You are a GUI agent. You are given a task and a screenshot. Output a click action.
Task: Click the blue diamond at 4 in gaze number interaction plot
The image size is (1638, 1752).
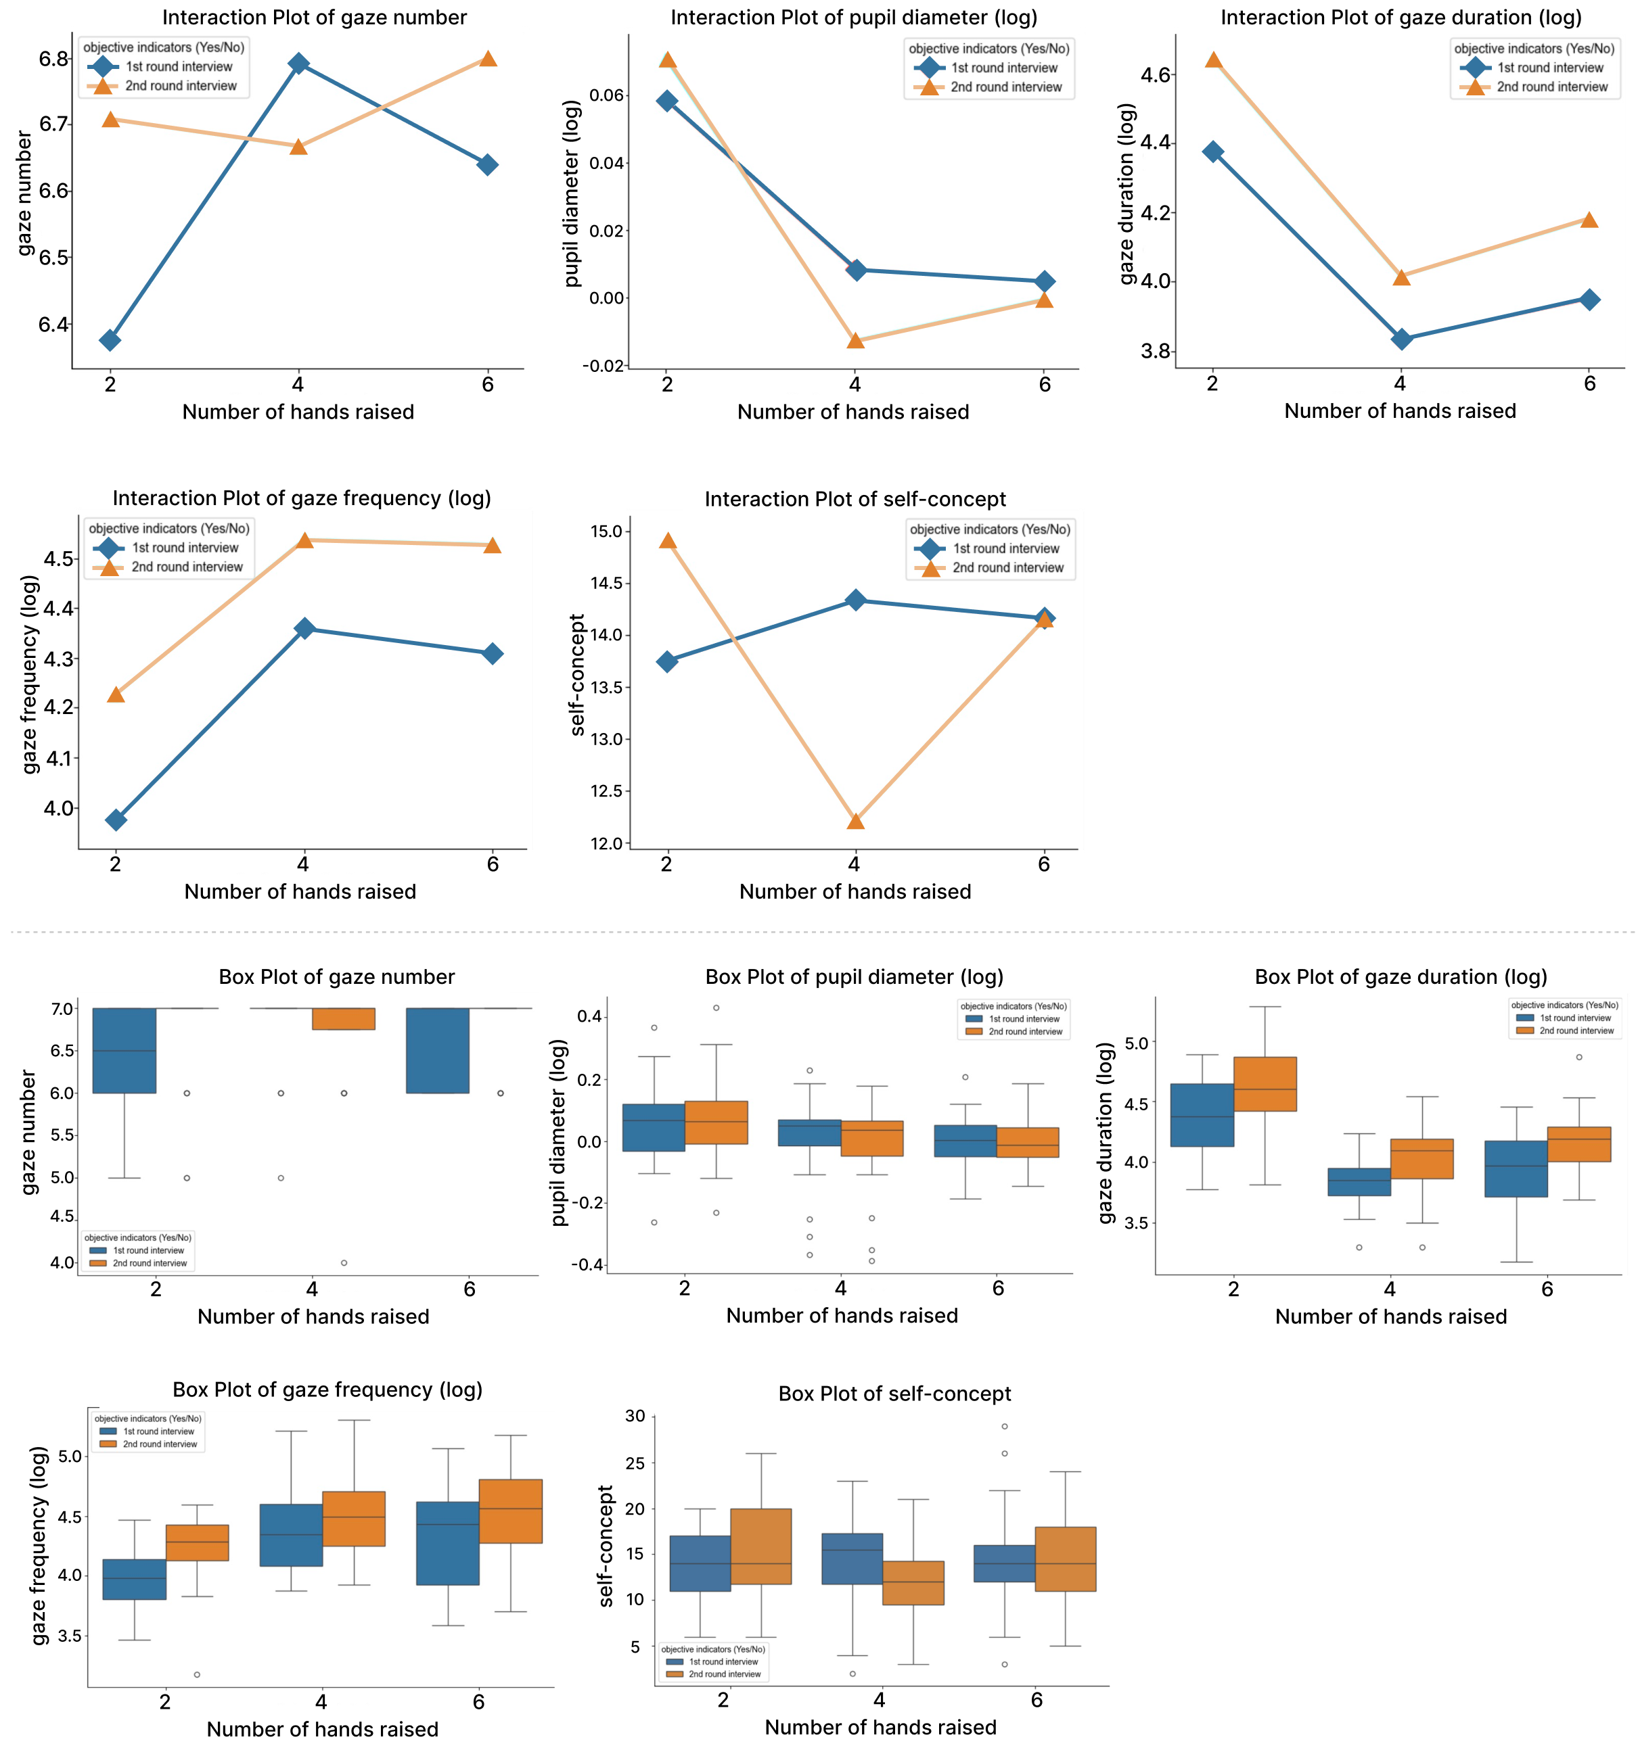tap(299, 64)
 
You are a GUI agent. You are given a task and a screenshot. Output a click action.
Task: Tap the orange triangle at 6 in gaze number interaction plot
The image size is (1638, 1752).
tap(488, 59)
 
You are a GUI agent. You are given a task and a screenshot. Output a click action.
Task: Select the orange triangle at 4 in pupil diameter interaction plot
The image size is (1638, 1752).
tap(855, 340)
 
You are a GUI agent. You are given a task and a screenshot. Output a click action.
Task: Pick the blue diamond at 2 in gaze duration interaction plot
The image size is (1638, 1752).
tap(1213, 151)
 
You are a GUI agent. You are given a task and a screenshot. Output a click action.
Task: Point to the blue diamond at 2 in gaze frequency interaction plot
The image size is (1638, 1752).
tap(116, 820)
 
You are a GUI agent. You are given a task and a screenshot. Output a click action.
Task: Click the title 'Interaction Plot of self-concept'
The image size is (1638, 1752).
tap(855, 500)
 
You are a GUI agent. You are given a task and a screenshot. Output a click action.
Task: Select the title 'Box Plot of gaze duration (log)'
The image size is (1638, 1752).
tap(1400, 976)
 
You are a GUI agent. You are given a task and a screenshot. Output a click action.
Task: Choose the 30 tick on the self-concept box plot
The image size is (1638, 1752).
tap(635, 1416)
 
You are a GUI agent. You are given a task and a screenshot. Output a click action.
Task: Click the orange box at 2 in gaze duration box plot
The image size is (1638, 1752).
tap(1265, 1084)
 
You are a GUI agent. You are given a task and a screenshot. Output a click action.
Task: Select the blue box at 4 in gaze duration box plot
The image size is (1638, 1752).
tap(1359, 1182)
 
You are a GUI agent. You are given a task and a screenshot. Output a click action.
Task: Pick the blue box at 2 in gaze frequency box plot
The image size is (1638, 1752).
tap(134, 1580)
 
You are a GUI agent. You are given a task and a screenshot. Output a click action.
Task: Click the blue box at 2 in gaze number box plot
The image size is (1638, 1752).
tap(124, 1051)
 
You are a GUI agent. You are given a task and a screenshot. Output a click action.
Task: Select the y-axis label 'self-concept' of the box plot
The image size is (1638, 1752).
tap(606, 1546)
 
